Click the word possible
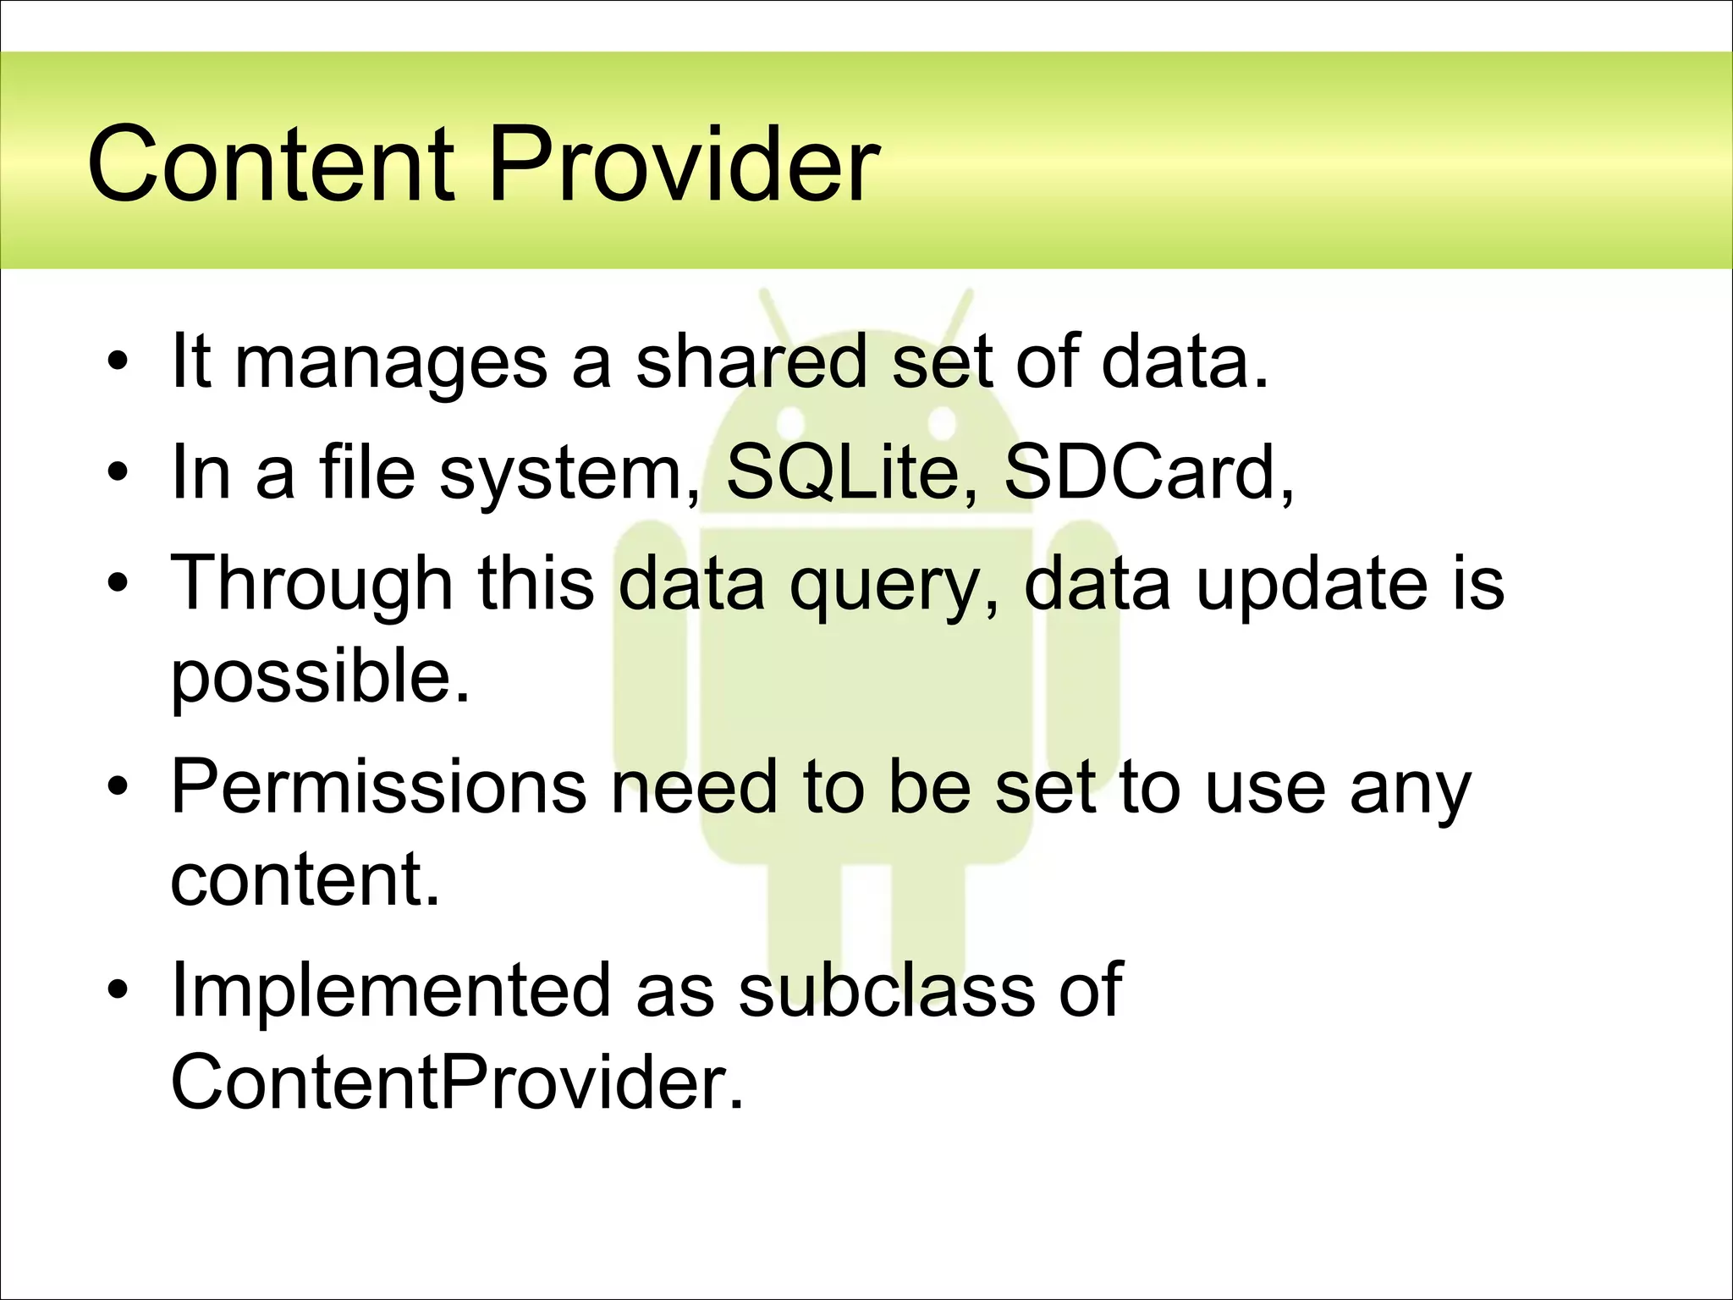[320, 677]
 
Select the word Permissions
[378, 786]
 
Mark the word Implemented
[389, 989]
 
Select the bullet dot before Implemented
[118, 990]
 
